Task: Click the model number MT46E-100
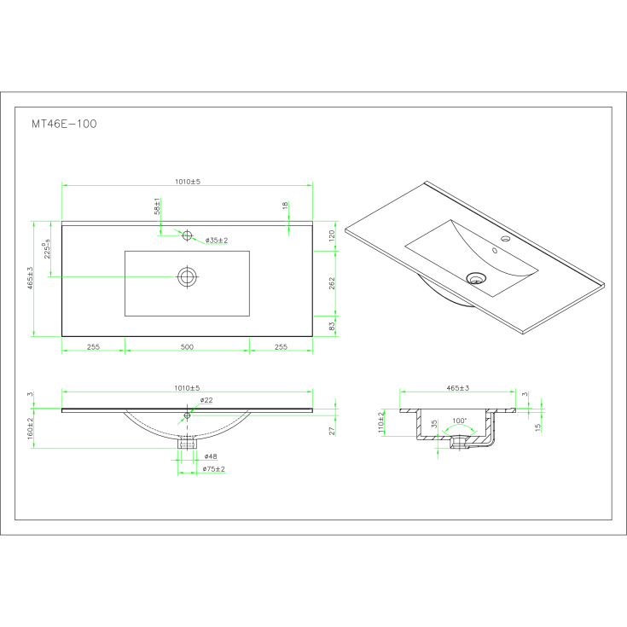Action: (64, 124)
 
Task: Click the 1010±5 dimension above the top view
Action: (188, 182)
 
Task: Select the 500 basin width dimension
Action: (187, 346)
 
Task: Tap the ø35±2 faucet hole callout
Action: (217, 241)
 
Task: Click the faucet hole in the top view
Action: (187, 235)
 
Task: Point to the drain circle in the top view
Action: (187, 276)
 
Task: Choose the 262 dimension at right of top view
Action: (332, 283)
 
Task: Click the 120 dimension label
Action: (332, 235)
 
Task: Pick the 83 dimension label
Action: (332, 326)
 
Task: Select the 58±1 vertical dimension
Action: (158, 206)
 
